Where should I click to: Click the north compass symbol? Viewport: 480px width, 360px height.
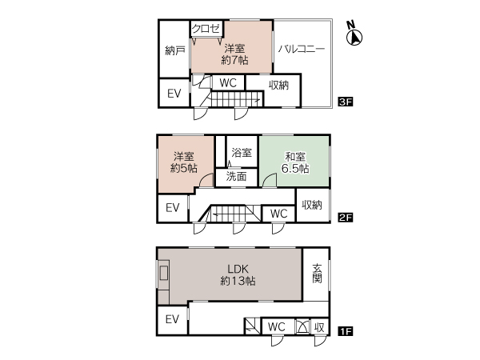pos(354,34)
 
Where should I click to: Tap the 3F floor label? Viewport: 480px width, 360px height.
pos(346,102)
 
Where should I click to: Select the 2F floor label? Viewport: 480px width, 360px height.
pos(346,218)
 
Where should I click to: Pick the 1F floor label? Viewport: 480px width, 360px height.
pos(346,331)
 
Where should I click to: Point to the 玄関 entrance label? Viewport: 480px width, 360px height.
pos(317,273)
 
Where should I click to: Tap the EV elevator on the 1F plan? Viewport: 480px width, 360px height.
pos(172,319)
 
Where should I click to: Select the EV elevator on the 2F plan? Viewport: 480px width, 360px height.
pos(172,208)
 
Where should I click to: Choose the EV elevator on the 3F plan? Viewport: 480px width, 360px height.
pos(174,93)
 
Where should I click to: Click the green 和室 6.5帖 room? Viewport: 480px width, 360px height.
pos(294,161)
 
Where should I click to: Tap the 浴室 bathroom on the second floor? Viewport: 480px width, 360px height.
pos(242,151)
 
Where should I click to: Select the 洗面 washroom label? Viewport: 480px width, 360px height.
pos(236,176)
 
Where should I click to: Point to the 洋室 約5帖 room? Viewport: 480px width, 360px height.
pos(184,162)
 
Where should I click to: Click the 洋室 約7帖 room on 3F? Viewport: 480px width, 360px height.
pos(234,54)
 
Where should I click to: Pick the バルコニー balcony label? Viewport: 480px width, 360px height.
pos(302,49)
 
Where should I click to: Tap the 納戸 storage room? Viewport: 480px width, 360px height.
pos(174,50)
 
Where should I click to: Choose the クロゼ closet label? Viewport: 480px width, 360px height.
pos(206,29)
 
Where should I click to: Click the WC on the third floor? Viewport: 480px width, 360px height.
pos(228,82)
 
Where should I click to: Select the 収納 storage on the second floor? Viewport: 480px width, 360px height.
pos(312,205)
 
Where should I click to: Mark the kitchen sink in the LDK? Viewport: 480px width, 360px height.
pos(164,273)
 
